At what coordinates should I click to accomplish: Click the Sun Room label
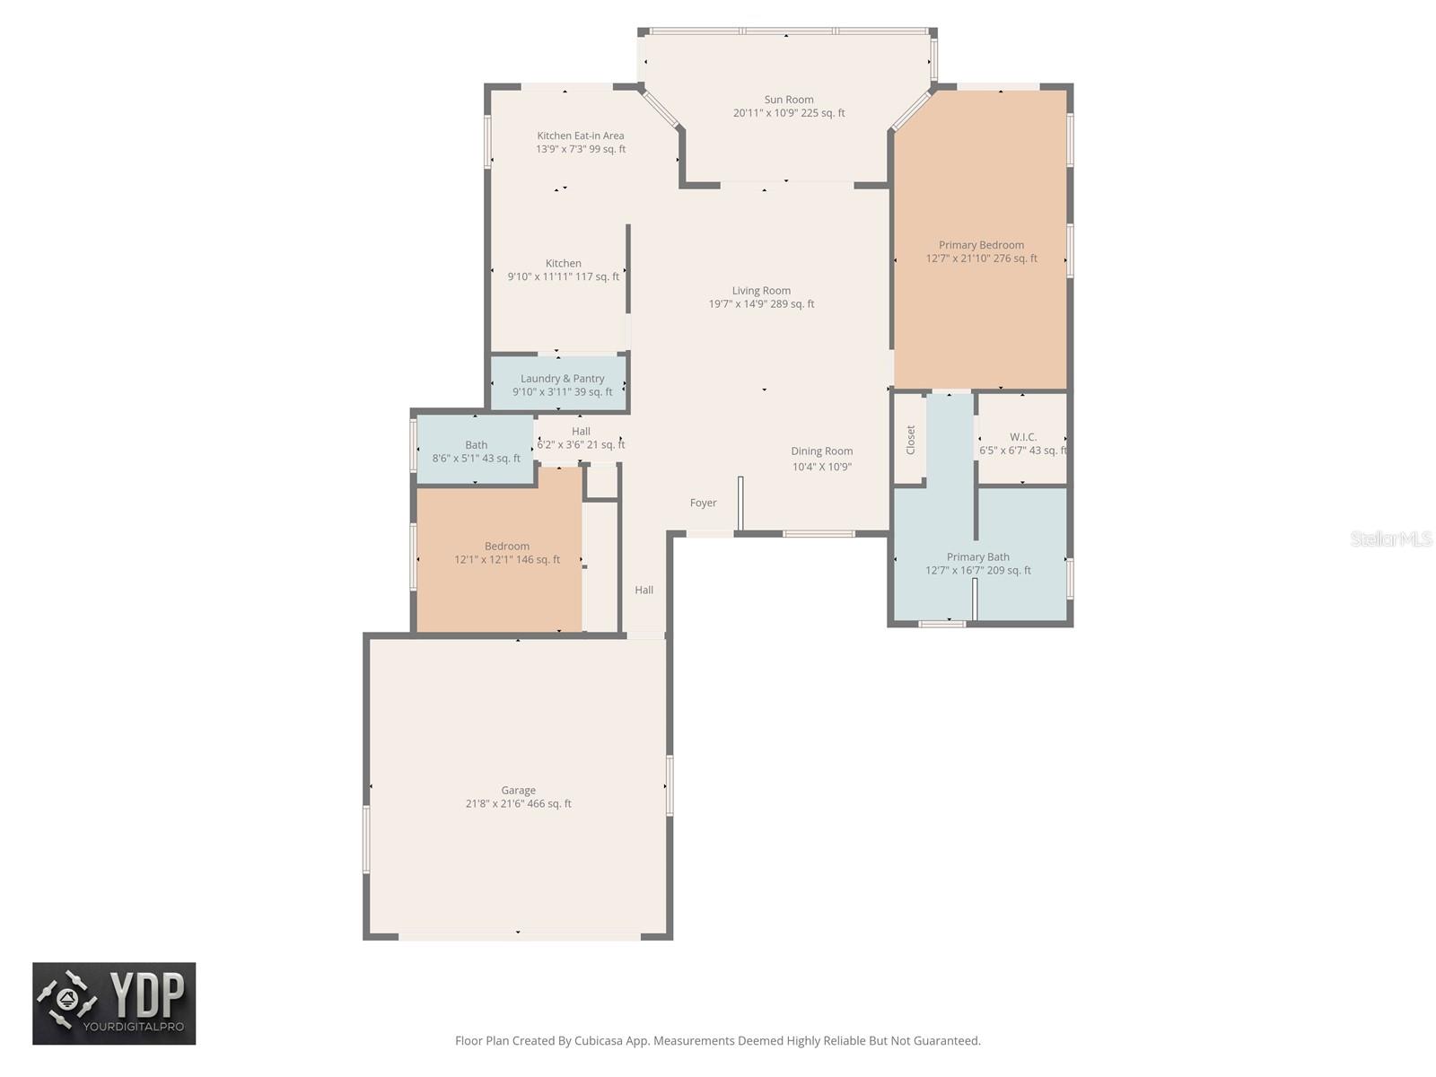(788, 100)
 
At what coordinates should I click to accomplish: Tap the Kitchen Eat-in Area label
(581, 136)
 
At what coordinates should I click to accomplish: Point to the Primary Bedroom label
(981, 244)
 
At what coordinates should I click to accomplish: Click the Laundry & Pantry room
(559, 383)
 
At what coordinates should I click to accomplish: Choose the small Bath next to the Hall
(476, 450)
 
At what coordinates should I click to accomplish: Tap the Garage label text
(518, 790)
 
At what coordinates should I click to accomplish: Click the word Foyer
(703, 503)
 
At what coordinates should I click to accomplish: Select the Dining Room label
(821, 451)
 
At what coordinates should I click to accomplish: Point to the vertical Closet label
(910, 440)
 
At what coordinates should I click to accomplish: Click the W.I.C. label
(1022, 436)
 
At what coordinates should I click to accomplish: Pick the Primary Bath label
(977, 556)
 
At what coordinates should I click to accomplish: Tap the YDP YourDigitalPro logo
(114, 1003)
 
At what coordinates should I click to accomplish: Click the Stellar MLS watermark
(1391, 538)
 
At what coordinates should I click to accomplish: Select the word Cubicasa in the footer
(599, 1040)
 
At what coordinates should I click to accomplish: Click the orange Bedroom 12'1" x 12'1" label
(506, 553)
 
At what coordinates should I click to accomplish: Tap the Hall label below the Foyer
(644, 589)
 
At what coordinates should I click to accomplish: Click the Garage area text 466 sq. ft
(549, 803)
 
